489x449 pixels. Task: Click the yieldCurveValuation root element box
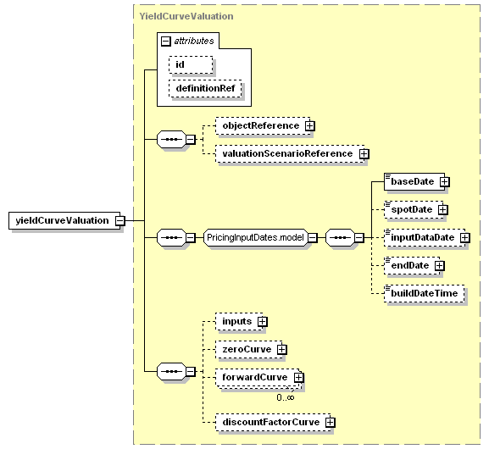(x=64, y=221)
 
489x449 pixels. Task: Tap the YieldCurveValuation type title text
(x=186, y=16)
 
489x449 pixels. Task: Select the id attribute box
(x=191, y=65)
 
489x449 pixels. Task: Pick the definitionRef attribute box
(x=205, y=88)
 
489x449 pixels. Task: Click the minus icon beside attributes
(x=166, y=42)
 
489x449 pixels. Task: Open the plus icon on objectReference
(x=309, y=125)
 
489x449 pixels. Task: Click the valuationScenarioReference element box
(x=290, y=153)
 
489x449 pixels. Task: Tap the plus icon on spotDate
(x=443, y=209)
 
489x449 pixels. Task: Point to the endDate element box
(x=412, y=266)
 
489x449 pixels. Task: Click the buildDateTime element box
(x=424, y=293)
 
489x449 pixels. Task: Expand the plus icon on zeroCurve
(x=282, y=350)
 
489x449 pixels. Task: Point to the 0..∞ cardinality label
(x=286, y=397)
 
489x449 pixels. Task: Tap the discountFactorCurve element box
(x=273, y=422)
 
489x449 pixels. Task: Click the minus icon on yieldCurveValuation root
(x=120, y=221)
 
